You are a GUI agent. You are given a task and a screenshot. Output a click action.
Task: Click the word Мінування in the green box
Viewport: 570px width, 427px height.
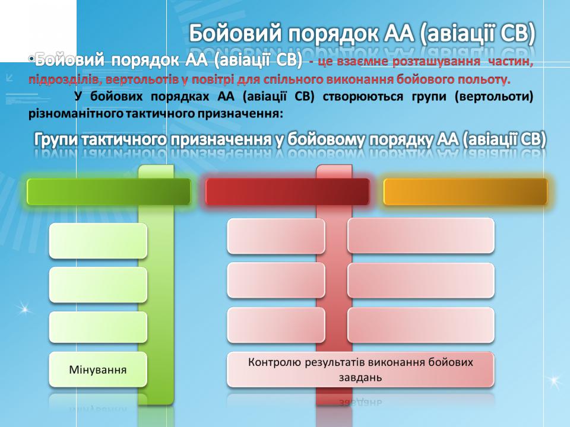[98, 370]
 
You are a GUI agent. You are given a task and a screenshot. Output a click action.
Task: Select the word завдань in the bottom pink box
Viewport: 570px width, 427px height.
[360, 378]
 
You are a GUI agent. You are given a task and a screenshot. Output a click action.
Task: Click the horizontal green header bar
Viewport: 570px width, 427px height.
[109, 192]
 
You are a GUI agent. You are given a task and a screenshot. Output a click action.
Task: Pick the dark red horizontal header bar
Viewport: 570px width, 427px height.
[287, 192]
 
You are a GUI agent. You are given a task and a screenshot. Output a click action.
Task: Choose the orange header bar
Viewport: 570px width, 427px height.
[465, 192]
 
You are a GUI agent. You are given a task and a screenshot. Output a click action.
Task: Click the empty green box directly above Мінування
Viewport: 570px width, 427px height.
[98, 327]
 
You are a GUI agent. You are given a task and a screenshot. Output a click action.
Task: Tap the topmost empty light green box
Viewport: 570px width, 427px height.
[98, 241]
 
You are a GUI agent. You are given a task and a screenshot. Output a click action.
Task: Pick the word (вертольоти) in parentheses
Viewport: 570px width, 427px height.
[493, 97]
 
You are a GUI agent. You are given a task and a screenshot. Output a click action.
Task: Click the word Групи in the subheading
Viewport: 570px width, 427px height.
[56, 140]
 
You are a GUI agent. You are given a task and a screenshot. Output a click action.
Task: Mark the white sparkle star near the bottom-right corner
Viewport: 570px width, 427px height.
[554, 381]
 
